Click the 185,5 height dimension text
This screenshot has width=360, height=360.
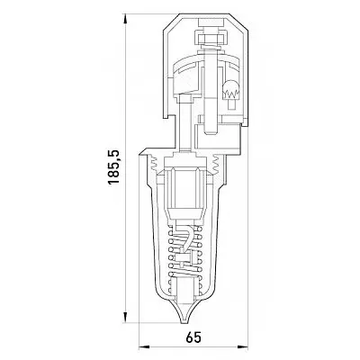(x=113, y=166)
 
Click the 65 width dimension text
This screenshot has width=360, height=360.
(x=193, y=338)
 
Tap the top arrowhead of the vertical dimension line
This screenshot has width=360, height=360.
(x=125, y=20)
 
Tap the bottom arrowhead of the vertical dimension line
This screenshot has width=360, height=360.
(x=125, y=317)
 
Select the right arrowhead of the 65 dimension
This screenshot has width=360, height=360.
(x=242, y=347)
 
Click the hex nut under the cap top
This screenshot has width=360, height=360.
(x=210, y=39)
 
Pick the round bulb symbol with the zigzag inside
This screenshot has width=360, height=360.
(x=230, y=91)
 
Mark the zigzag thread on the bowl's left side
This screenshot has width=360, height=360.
(x=153, y=163)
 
